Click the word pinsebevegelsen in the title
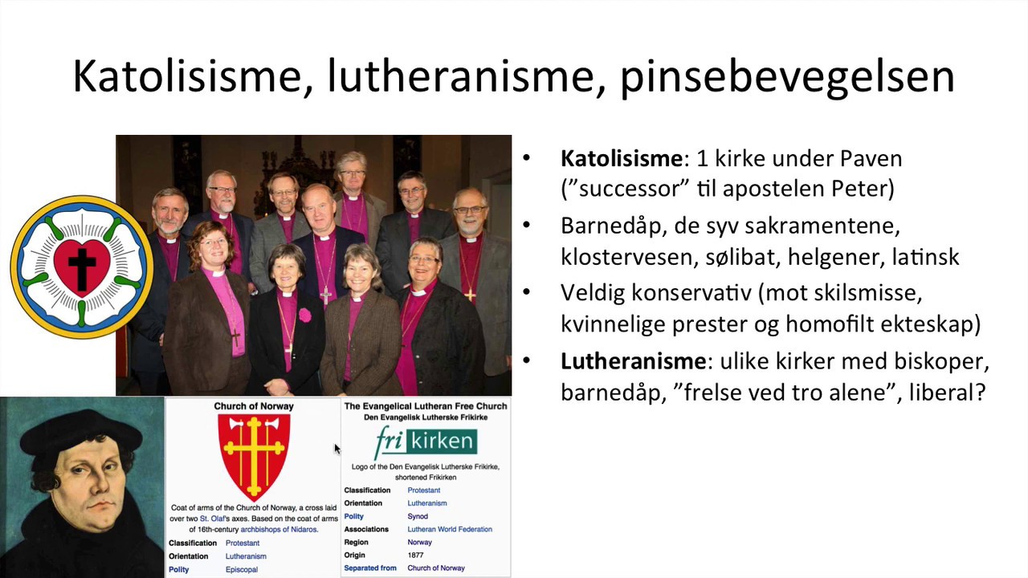[787, 76]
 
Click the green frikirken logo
[426, 442]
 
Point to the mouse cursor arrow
[337, 449]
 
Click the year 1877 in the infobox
[416, 555]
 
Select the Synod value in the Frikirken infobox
[418, 516]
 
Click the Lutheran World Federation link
[450, 529]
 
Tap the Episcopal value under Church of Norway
[242, 569]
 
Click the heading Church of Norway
[254, 406]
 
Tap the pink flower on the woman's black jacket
[305, 314]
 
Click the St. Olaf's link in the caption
[218, 519]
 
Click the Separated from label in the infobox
[370, 568]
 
